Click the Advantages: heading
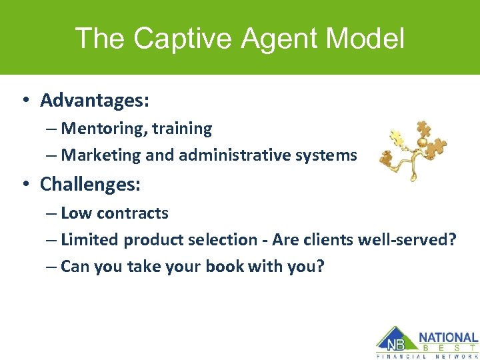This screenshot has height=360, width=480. (94, 101)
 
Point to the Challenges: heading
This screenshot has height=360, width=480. (90, 185)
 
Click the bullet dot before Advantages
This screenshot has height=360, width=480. (25, 101)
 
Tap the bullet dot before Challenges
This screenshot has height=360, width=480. (25, 185)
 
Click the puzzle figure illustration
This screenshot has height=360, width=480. (412, 149)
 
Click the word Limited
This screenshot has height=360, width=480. (89, 240)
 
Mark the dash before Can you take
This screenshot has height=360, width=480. (52, 267)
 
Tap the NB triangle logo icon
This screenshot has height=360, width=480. (394, 340)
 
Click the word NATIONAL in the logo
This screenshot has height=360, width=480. (448, 338)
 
